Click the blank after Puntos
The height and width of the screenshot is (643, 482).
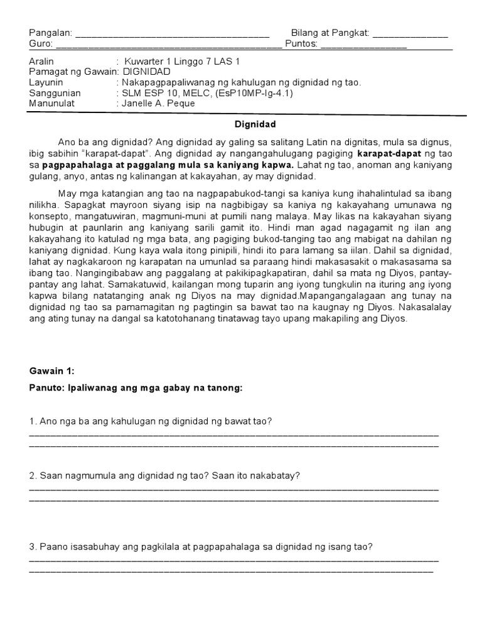tap(363, 46)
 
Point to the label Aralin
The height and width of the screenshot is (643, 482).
tap(42, 62)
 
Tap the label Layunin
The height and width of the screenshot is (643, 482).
tap(46, 82)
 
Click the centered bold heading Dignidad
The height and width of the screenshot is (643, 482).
tap(255, 124)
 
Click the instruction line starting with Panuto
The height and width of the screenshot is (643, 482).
tap(136, 388)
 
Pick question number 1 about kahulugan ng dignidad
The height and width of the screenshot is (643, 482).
tap(151, 421)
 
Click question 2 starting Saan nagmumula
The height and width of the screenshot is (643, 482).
tap(165, 476)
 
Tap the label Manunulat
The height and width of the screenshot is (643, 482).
tap(51, 103)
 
